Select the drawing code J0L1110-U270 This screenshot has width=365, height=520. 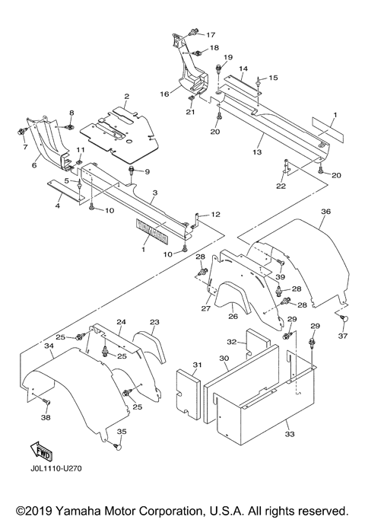tap(55, 468)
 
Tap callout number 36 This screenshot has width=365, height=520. tap(326, 211)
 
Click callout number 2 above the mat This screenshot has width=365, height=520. tap(127, 97)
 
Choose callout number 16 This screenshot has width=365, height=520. tap(164, 94)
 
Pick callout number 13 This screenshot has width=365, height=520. tap(257, 152)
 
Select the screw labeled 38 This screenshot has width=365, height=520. tap(46, 402)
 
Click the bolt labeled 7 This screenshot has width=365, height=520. tap(20, 131)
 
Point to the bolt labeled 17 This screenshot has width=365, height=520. tap(192, 32)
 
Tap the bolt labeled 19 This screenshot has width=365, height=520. tap(218, 69)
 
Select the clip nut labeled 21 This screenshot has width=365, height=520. tap(191, 98)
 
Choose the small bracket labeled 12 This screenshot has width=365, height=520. tap(198, 222)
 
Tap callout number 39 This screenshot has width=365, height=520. tap(280, 276)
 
